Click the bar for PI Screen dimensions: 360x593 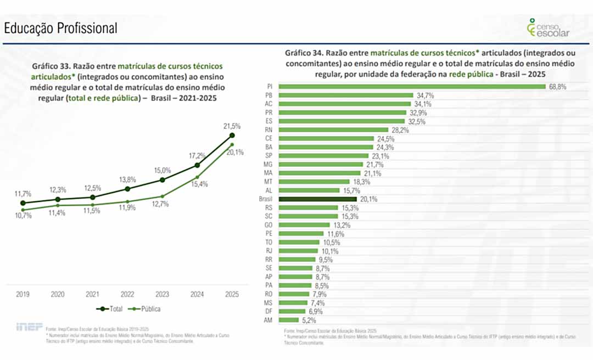(x=412, y=87)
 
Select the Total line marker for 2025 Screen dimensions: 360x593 (x=232, y=135)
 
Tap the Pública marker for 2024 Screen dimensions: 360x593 (x=197, y=177)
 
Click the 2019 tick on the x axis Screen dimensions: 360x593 (x=23, y=294)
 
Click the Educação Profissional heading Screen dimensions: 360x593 (x=60, y=29)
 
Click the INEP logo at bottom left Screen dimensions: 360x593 (x=29, y=327)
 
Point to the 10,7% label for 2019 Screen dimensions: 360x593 (x=23, y=216)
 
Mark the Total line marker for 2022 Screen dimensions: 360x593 (x=127, y=189)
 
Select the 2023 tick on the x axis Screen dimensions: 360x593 (x=162, y=294)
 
